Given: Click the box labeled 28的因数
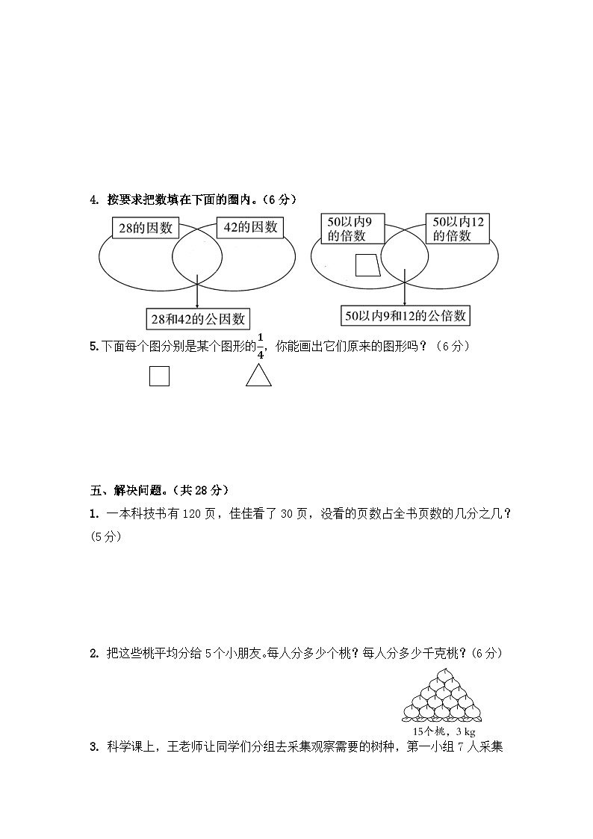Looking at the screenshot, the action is (x=143, y=229).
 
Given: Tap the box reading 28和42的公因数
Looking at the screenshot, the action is (x=198, y=319).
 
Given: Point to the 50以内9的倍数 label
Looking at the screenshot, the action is (x=352, y=228).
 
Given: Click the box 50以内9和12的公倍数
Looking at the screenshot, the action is (x=405, y=316).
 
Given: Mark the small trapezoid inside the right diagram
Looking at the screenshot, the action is (x=367, y=265).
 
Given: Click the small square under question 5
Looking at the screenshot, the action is (x=159, y=376).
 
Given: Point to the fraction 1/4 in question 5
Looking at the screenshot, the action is (x=260, y=346).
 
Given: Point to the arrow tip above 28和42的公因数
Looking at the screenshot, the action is (x=197, y=306).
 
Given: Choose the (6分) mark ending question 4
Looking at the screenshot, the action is (x=282, y=199).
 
